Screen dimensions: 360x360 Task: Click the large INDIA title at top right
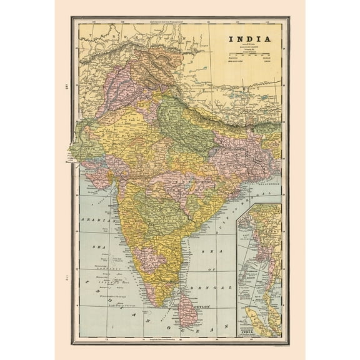click(249, 39)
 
